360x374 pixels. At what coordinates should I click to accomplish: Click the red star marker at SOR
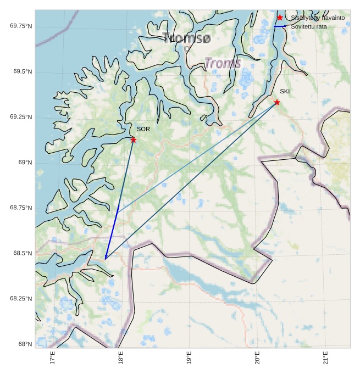point(134,140)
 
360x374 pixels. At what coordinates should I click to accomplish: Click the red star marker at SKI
point(277,102)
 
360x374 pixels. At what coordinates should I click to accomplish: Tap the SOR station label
point(143,129)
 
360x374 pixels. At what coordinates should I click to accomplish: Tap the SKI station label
point(284,91)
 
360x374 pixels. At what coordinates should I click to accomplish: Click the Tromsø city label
point(187,38)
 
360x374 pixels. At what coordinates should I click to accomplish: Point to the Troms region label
point(223,63)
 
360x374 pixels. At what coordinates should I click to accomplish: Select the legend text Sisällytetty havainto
point(318,18)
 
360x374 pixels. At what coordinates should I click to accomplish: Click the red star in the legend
point(280,18)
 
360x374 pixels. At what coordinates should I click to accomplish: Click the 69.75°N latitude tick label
point(21,26)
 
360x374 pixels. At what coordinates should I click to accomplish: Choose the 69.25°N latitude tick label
point(21,117)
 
